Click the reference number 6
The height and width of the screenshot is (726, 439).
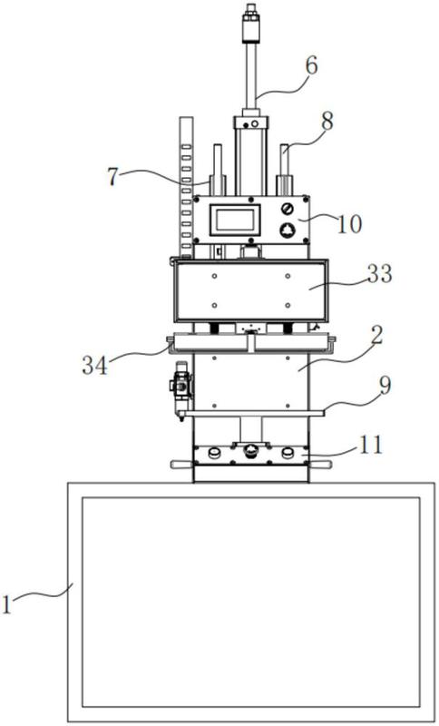pos(311,66)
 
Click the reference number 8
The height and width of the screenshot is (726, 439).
pos(327,122)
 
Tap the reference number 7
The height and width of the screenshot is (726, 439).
pos(112,177)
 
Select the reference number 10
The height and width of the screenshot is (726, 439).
pos(350,224)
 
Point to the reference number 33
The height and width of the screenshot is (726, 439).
pos(380,273)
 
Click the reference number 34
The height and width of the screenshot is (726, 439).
pos(95,365)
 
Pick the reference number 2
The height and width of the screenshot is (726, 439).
pos(377,337)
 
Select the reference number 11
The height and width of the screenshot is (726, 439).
pos(371,445)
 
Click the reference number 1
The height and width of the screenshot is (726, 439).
pos(6,605)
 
